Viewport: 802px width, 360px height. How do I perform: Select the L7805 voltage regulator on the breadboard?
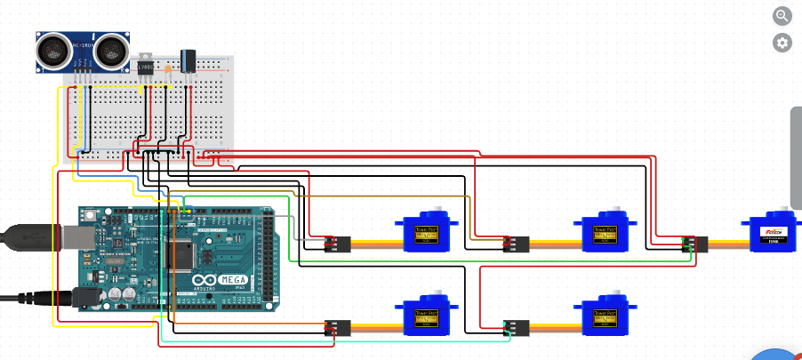click(x=144, y=63)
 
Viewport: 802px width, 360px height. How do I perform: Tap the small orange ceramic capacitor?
click(x=168, y=68)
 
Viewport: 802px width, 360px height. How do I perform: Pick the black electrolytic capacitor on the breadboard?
click(x=188, y=60)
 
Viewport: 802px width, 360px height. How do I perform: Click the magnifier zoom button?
click(x=782, y=15)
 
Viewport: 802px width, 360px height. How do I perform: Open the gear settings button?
click(x=782, y=42)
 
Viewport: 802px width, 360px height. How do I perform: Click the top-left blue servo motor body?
click(x=429, y=236)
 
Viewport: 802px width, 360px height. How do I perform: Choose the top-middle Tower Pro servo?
click(x=606, y=236)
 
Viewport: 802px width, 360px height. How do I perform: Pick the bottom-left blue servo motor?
click(x=429, y=317)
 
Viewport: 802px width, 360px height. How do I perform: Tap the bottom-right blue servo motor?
click(x=606, y=317)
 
